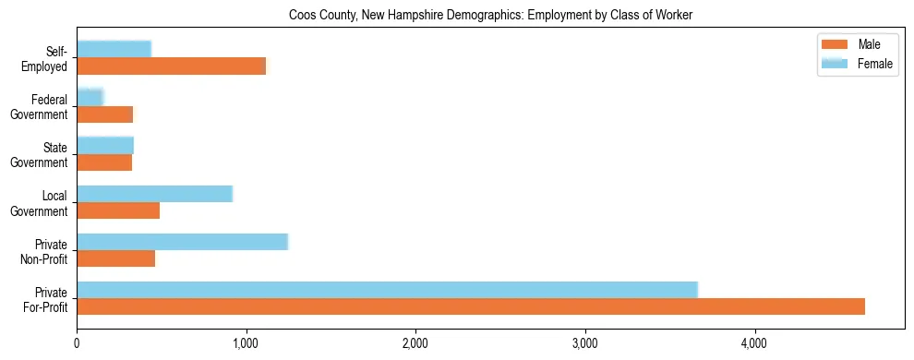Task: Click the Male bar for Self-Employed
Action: (171, 66)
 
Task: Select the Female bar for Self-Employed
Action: (114, 49)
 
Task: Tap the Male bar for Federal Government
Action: (104, 114)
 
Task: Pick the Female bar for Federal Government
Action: (90, 97)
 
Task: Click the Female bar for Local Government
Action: (154, 194)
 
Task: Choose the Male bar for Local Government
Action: (118, 210)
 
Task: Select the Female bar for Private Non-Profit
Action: (182, 242)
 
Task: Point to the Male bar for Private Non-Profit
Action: (115, 258)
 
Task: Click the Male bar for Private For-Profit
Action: (471, 306)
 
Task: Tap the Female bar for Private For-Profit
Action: (387, 290)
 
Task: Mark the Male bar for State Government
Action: (104, 162)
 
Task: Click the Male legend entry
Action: (856, 45)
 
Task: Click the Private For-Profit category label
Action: (45, 299)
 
